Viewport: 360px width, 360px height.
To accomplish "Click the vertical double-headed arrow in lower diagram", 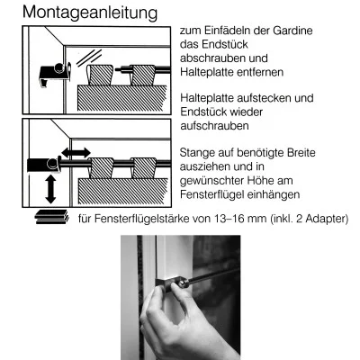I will (50, 187).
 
